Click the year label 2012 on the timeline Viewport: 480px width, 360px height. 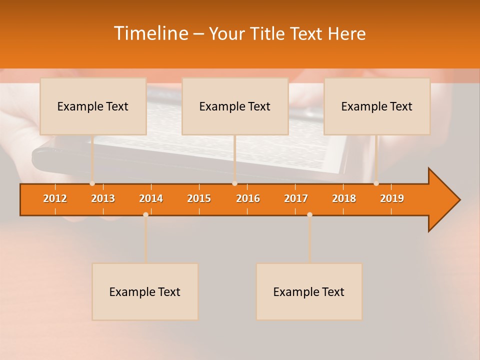(x=55, y=198)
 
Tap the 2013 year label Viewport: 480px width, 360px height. (x=103, y=198)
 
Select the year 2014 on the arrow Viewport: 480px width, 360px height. (x=151, y=198)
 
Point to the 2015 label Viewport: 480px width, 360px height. (x=199, y=198)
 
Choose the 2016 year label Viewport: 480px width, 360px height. (x=248, y=198)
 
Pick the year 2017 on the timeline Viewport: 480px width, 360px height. (x=296, y=198)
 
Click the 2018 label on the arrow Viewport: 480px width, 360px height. (x=344, y=198)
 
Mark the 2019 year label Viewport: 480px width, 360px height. (x=392, y=198)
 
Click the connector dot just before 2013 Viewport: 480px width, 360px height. (x=92, y=183)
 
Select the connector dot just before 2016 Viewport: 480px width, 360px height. (x=234, y=183)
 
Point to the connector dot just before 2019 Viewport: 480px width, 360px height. (x=376, y=183)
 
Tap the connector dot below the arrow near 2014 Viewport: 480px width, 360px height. (x=145, y=214)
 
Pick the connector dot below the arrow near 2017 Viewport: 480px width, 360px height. (x=309, y=214)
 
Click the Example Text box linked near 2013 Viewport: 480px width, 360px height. (x=93, y=106)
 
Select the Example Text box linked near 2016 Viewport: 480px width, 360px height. (x=235, y=106)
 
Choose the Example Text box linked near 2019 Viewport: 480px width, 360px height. (x=377, y=106)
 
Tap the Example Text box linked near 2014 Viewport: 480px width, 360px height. (x=145, y=292)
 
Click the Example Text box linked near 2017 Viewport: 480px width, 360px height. (x=309, y=292)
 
